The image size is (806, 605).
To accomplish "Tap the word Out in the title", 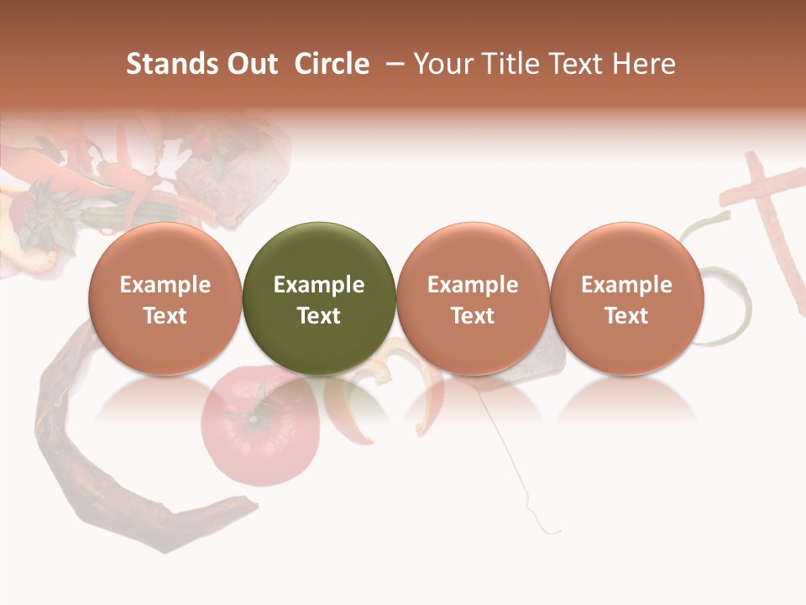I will (249, 64).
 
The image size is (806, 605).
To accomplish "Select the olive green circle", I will (319, 298).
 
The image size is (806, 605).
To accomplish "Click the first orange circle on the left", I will (165, 298).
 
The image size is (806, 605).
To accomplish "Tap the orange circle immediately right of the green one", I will (473, 298).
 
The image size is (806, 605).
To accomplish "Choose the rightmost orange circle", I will (627, 298).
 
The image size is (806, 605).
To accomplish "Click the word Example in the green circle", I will (319, 285).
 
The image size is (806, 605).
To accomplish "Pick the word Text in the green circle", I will (319, 316).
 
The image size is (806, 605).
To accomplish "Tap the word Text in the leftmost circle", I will (165, 316).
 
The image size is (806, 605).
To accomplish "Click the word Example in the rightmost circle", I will (627, 285).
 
